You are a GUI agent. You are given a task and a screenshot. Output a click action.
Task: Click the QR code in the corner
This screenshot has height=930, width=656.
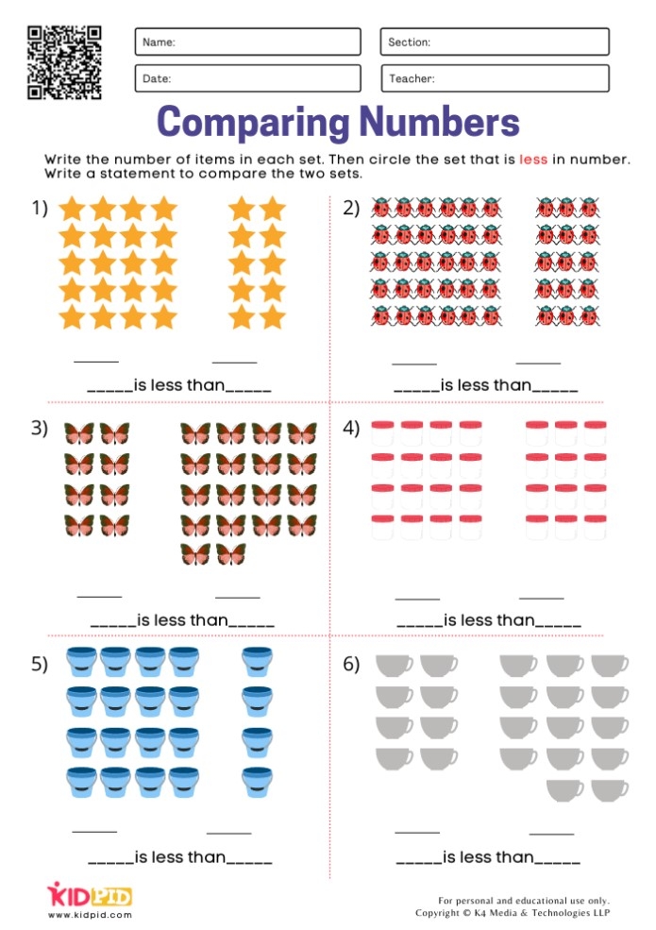pos(64,62)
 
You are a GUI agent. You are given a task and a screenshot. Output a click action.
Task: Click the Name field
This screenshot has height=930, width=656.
pos(247,42)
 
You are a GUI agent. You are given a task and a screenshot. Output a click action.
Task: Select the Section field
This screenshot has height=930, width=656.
pos(495,42)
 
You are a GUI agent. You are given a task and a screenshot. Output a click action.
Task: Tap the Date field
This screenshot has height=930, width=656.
pos(247,78)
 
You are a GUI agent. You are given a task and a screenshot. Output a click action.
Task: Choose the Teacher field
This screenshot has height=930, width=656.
pos(495,78)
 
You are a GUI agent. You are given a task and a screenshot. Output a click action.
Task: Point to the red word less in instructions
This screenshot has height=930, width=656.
pos(532,160)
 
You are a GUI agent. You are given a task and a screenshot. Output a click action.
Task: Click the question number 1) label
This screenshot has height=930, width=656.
pos(39,209)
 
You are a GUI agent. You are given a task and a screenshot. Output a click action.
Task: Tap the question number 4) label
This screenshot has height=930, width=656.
pos(351,428)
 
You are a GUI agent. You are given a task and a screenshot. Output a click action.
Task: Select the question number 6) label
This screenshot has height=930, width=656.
pos(351,665)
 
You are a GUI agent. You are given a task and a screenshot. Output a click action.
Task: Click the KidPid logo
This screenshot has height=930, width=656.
pos(89,894)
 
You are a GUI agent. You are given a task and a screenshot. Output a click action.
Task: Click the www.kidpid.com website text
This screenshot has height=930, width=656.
pos(89,915)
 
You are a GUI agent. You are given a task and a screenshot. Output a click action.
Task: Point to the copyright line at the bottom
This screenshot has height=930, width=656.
pos(513,913)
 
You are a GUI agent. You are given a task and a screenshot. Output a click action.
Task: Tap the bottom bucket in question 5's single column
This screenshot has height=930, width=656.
pos(258,782)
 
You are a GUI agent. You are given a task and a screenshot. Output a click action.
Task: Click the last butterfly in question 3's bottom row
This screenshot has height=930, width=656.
pos(230,554)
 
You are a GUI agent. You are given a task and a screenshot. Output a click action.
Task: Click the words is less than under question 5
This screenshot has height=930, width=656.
pos(179,857)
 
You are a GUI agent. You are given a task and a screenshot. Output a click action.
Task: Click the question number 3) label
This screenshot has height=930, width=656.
pos(39,428)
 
